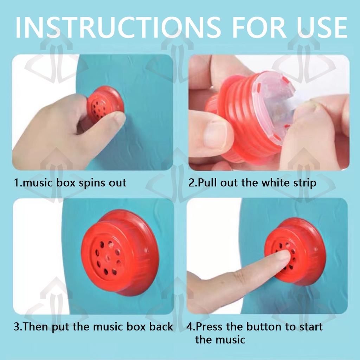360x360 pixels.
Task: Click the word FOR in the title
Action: pos(259,27)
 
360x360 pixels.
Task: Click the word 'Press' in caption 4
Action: pos(210,327)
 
